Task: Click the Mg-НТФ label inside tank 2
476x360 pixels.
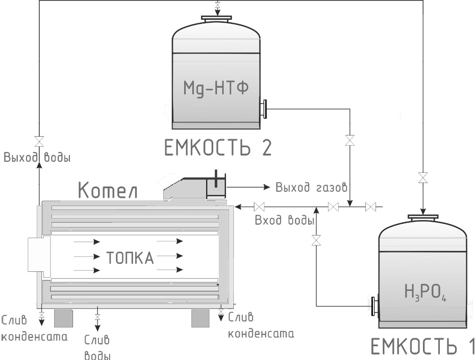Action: (216, 87)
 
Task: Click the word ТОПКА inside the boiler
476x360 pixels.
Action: (130, 258)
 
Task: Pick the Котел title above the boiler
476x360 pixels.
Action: (108, 191)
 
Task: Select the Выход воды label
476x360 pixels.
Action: (37, 157)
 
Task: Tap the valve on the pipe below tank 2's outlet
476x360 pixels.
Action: (349, 140)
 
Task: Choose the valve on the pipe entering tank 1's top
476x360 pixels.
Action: (422, 178)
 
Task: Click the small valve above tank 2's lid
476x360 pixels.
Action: (218, 7)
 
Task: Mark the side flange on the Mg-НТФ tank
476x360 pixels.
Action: (264, 109)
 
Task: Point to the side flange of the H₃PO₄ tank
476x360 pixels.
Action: (374, 305)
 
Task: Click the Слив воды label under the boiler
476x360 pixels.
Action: (97, 347)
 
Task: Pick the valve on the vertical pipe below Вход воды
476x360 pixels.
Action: (316, 240)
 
